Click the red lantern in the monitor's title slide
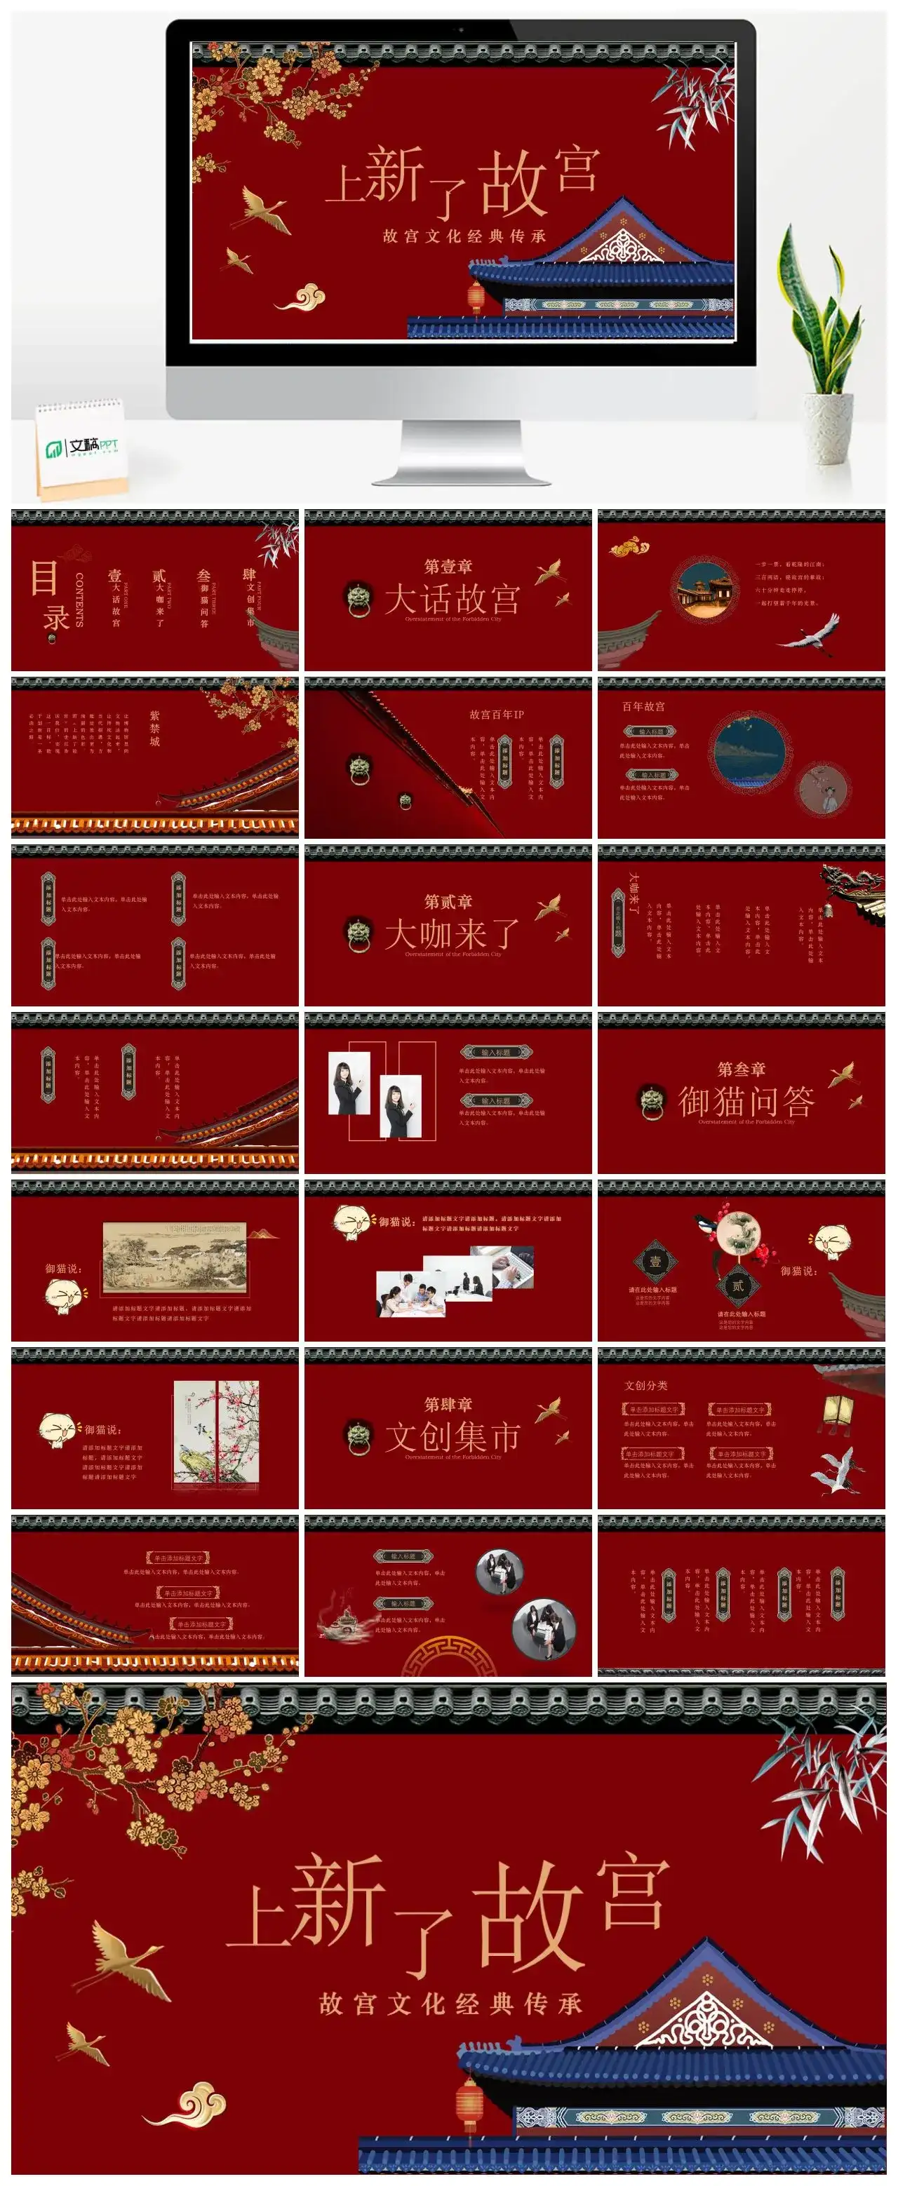pos(476,298)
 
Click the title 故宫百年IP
pos(497,715)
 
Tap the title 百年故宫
pos(643,706)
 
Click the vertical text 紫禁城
pos(154,728)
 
